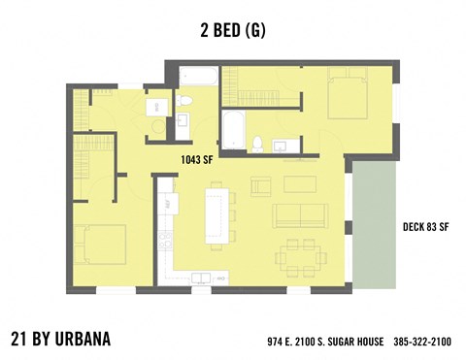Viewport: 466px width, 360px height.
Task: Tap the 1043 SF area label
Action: pyautogui.click(x=196, y=160)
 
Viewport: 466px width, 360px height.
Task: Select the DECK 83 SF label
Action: pyautogui.click(x=425, y=228)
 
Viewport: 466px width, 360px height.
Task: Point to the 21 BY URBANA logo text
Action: pyautogui.click(x=60, y=340)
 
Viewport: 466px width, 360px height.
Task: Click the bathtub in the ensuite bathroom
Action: pyautogui.click(x=234, y=128)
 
